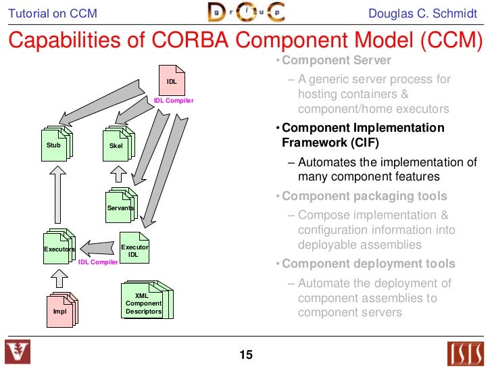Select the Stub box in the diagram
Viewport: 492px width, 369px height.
point(54,145)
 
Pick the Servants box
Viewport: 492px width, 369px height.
point(120,207)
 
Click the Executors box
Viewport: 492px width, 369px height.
point(58,249)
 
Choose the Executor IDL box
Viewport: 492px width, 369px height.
point(134,250)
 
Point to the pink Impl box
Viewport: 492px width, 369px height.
point(60,311)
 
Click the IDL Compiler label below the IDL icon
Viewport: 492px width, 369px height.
point(174,101)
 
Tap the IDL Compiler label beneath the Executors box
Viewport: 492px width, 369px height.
point(98,262)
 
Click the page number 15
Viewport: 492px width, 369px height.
point(245,355)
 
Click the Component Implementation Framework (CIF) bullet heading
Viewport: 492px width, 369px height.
point(363,135)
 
